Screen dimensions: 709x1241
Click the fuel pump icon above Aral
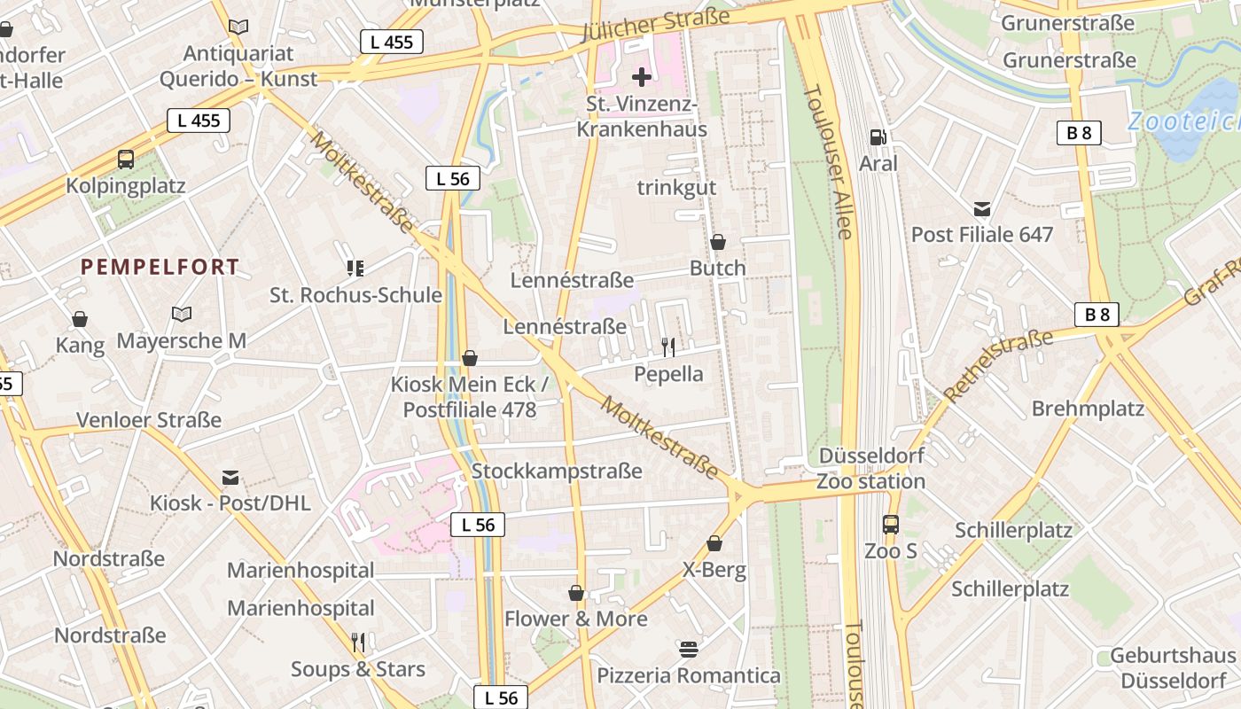coord(878,136)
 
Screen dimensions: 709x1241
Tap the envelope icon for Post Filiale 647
coord(982,209)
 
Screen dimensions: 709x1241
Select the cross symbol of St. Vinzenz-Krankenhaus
coord(642,77)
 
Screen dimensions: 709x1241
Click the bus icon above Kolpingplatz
coord(126,160)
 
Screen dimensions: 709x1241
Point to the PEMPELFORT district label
coord(160,267)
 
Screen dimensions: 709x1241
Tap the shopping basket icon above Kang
coord(80,319)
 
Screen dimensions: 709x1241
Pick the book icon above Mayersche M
coord(182,314)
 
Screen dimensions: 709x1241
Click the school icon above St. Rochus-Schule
coord(355,268)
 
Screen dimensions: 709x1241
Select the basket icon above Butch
coord(718,242)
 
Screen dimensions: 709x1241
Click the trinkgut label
coord(676,188)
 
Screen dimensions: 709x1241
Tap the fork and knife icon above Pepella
coord(668,347)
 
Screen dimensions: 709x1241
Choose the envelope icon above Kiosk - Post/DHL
coord(230,478)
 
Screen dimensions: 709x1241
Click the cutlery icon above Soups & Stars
coord(358,643)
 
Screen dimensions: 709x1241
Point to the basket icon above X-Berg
coord(714,543)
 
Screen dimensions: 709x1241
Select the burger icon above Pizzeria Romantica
coord(689,649)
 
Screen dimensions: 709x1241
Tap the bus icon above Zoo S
coord(891,525)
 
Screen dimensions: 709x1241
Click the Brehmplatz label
coord(1088,409)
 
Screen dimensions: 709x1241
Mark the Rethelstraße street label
coord(999,364)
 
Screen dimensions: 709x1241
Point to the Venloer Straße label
coord(149,419)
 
